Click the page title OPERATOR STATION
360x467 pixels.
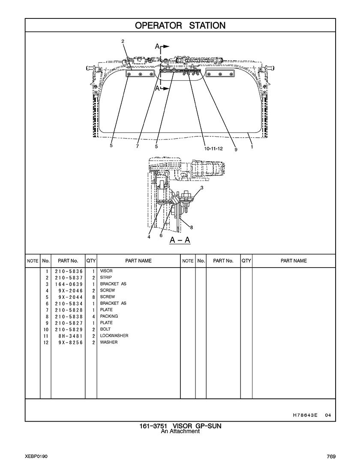click(180, 26)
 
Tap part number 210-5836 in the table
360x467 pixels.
click(69, 271)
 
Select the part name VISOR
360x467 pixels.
click(106, 271)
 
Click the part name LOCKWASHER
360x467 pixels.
click(114, 336)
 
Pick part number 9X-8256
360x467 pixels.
click(71, 343)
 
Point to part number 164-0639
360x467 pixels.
click(69, 284)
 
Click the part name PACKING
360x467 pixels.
click(109, 316)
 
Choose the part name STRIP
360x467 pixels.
click(106, 277)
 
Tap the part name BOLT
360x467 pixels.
click(105, 329)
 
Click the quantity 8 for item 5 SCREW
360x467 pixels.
click(93, 297)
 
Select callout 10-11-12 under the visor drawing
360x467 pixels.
click(213, 148)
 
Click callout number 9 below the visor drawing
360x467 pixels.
click(236, 150)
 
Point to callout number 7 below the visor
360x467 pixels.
click(137, 146)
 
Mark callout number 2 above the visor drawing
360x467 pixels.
click(123, 42)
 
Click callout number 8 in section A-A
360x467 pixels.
click(192, 228)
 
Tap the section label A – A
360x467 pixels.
click(180, 240)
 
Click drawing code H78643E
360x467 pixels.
click(305, 415)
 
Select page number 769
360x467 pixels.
click(331, 456)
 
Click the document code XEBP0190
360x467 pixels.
click(36, 456)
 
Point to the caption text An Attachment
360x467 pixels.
click(180, 431)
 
